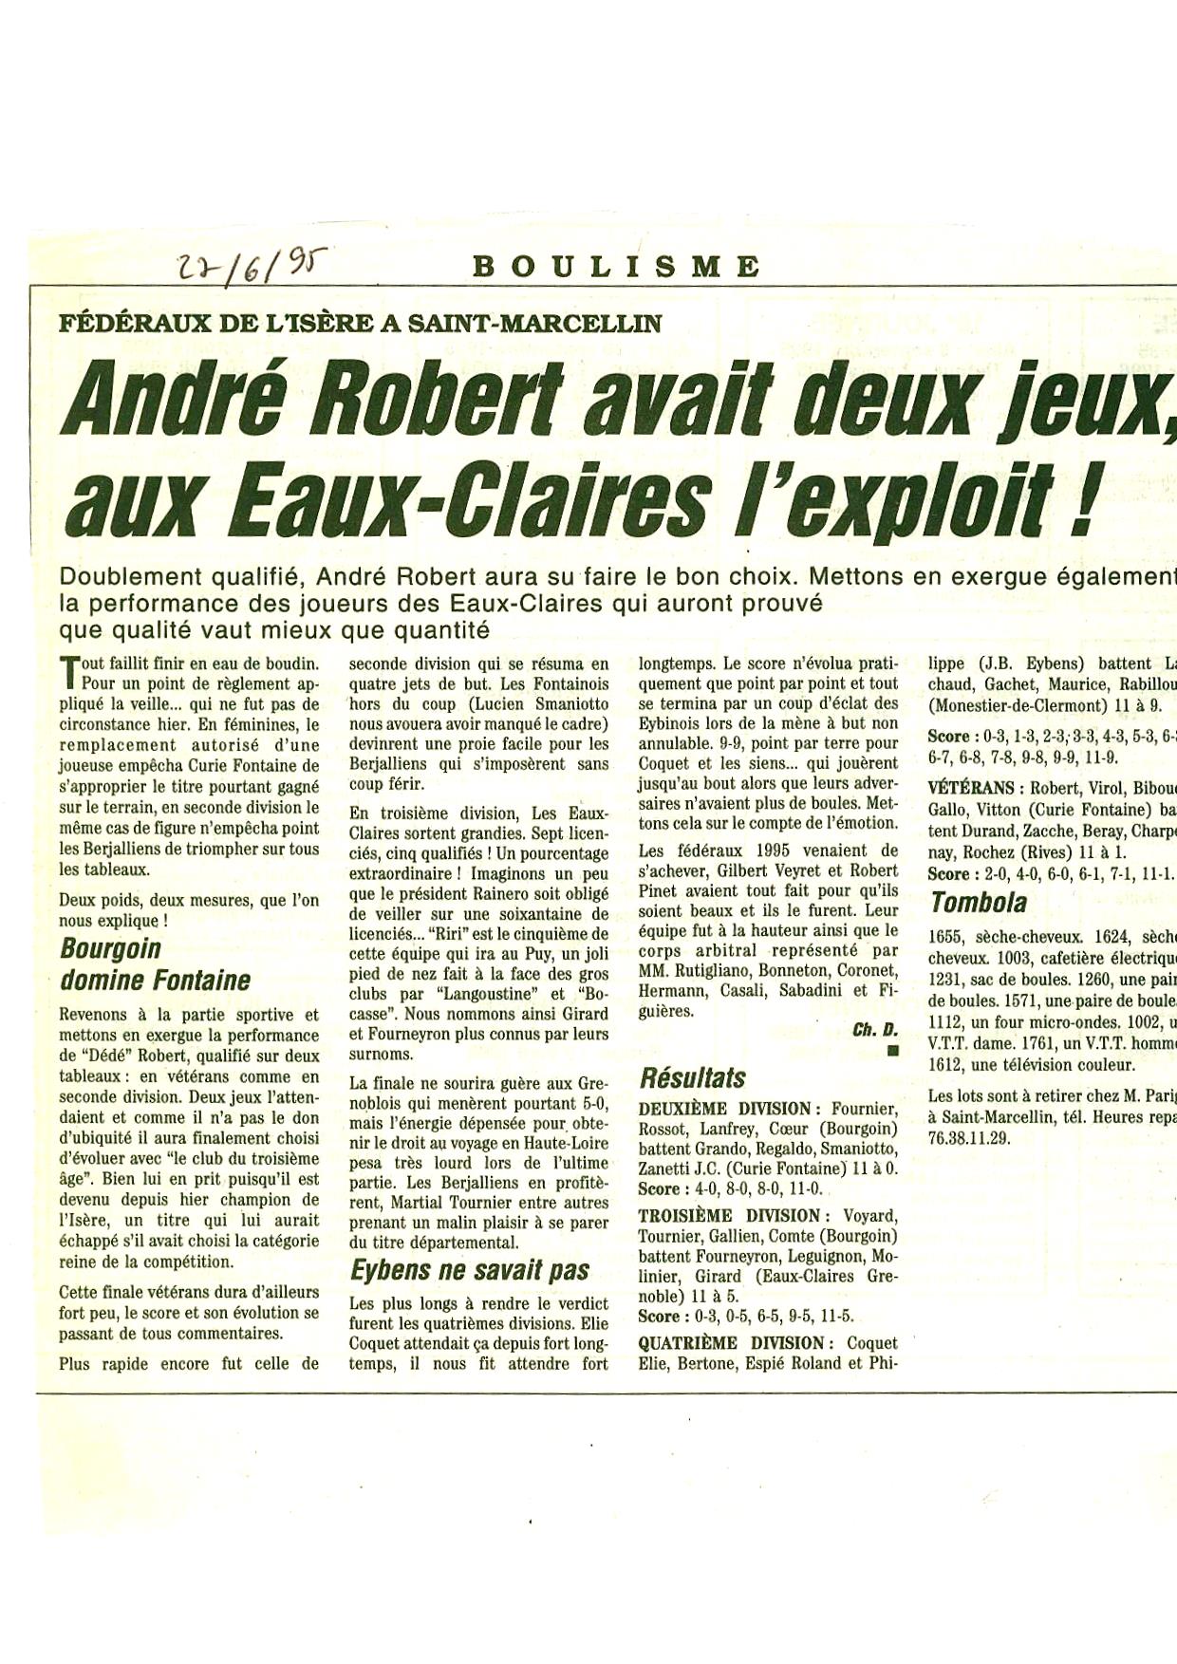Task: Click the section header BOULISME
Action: click(x=617, y=267)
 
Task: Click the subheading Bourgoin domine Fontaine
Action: click(x=155, y=964)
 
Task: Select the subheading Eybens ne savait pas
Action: click(x=470, y=1270)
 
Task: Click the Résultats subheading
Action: click(x=692, y=1077)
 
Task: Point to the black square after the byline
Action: click(x=891, y=1050)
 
